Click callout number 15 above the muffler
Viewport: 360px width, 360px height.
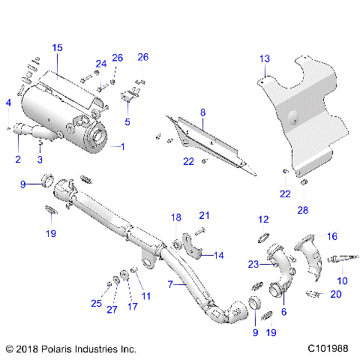tap(58, 47)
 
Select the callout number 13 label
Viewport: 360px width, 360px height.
tap(264, 59)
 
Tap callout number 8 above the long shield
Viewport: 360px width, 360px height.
tap(202, 112)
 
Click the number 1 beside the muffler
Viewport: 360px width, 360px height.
tap(123, 146)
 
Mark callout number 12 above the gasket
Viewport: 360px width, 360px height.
tap(263, 219)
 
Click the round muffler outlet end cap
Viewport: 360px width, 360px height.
tap(97, 138)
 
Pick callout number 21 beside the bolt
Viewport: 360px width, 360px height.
tap(204, 215)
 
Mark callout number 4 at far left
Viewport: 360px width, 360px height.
tap(8, 102)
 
